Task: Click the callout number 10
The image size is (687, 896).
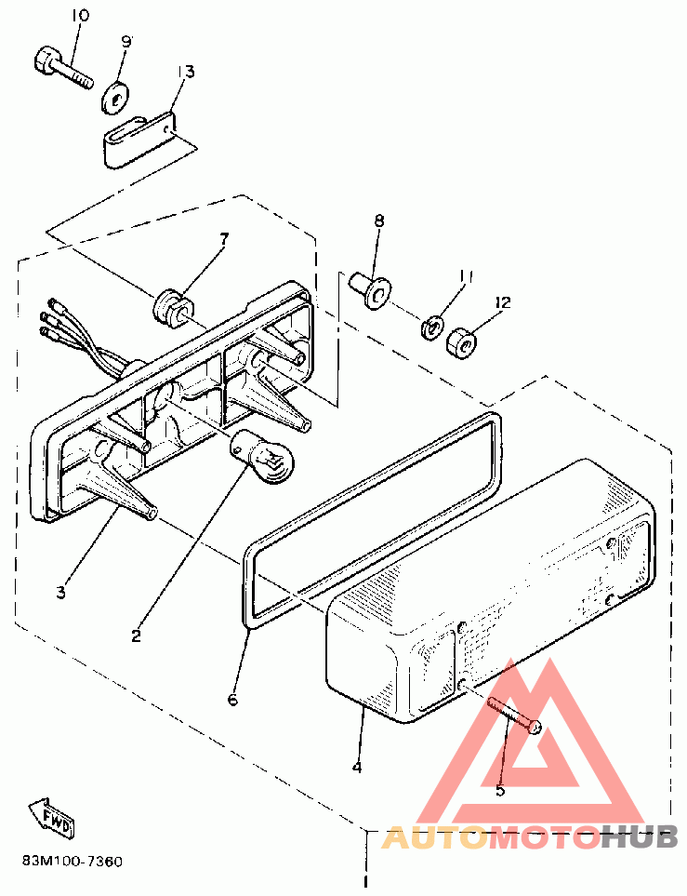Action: (x=80, y=16)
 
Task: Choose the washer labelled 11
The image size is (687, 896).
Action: (x=430, y=328)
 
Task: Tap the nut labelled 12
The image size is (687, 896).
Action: (x=461, y=341)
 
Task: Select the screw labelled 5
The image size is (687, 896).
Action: (x=513, y=715)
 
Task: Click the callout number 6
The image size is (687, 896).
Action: (x=232, y=700)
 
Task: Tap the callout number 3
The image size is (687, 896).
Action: (x=60, y=592)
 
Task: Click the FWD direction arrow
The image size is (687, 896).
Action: (x=52, y=817)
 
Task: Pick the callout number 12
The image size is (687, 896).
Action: (x=503, y=302)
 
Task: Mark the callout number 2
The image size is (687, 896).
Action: (x=136, y=636)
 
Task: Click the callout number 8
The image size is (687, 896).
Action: (x=379, y=221)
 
